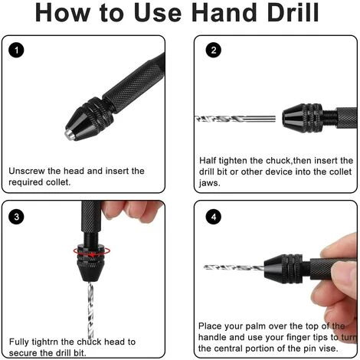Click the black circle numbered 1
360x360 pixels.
click(16, 50)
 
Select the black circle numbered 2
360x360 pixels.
click(214, 50)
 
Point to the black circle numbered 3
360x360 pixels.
click(16, 217)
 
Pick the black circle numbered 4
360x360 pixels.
click(214, 217)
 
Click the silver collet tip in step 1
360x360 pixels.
click(70, 134)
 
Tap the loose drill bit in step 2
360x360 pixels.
click(235, 119)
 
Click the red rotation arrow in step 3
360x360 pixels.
click(92, 251)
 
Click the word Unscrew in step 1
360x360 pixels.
click(27, 171)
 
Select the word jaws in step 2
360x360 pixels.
click(209, 183)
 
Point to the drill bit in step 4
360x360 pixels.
click(234, 267)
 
